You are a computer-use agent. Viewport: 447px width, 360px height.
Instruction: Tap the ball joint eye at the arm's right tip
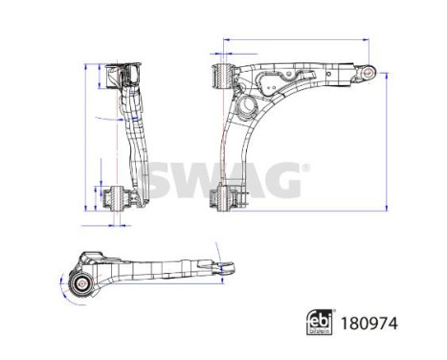tap(366, 72)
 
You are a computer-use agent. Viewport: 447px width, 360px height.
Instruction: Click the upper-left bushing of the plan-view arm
tap(222, 74)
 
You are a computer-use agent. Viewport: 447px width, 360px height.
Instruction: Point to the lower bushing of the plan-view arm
tap(222, 200)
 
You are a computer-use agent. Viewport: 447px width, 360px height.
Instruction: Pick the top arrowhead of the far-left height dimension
tap(86, 66)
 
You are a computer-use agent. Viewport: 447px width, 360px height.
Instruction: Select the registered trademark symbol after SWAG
tap(306, 167)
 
